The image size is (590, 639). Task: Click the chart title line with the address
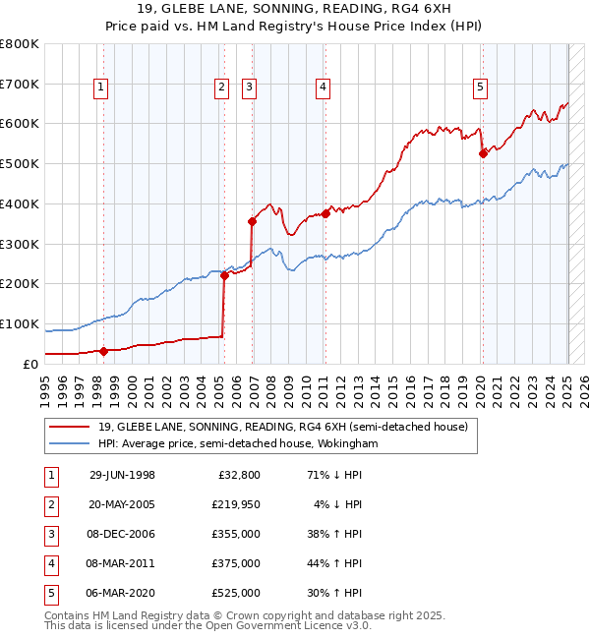[295, 11]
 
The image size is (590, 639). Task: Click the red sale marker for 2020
[483, 152]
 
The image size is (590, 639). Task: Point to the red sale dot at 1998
[104, 350]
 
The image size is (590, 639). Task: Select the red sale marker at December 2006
[253, 221]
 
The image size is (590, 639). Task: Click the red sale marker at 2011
[325, 212]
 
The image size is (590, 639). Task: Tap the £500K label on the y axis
[21, 164]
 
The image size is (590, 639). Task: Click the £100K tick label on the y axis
[21, 323]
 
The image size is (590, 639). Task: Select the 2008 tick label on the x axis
[271, 389]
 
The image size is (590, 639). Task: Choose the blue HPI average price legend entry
[237, 443]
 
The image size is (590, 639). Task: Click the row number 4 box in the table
[50, 563]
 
